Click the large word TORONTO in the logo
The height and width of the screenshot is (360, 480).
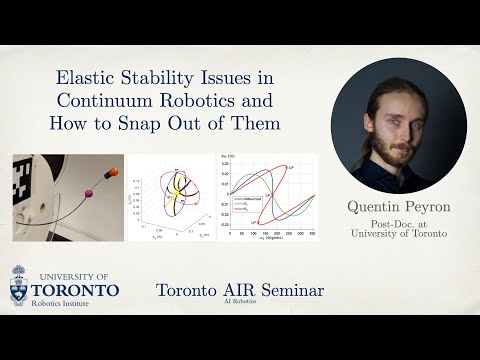click(75, 291)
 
